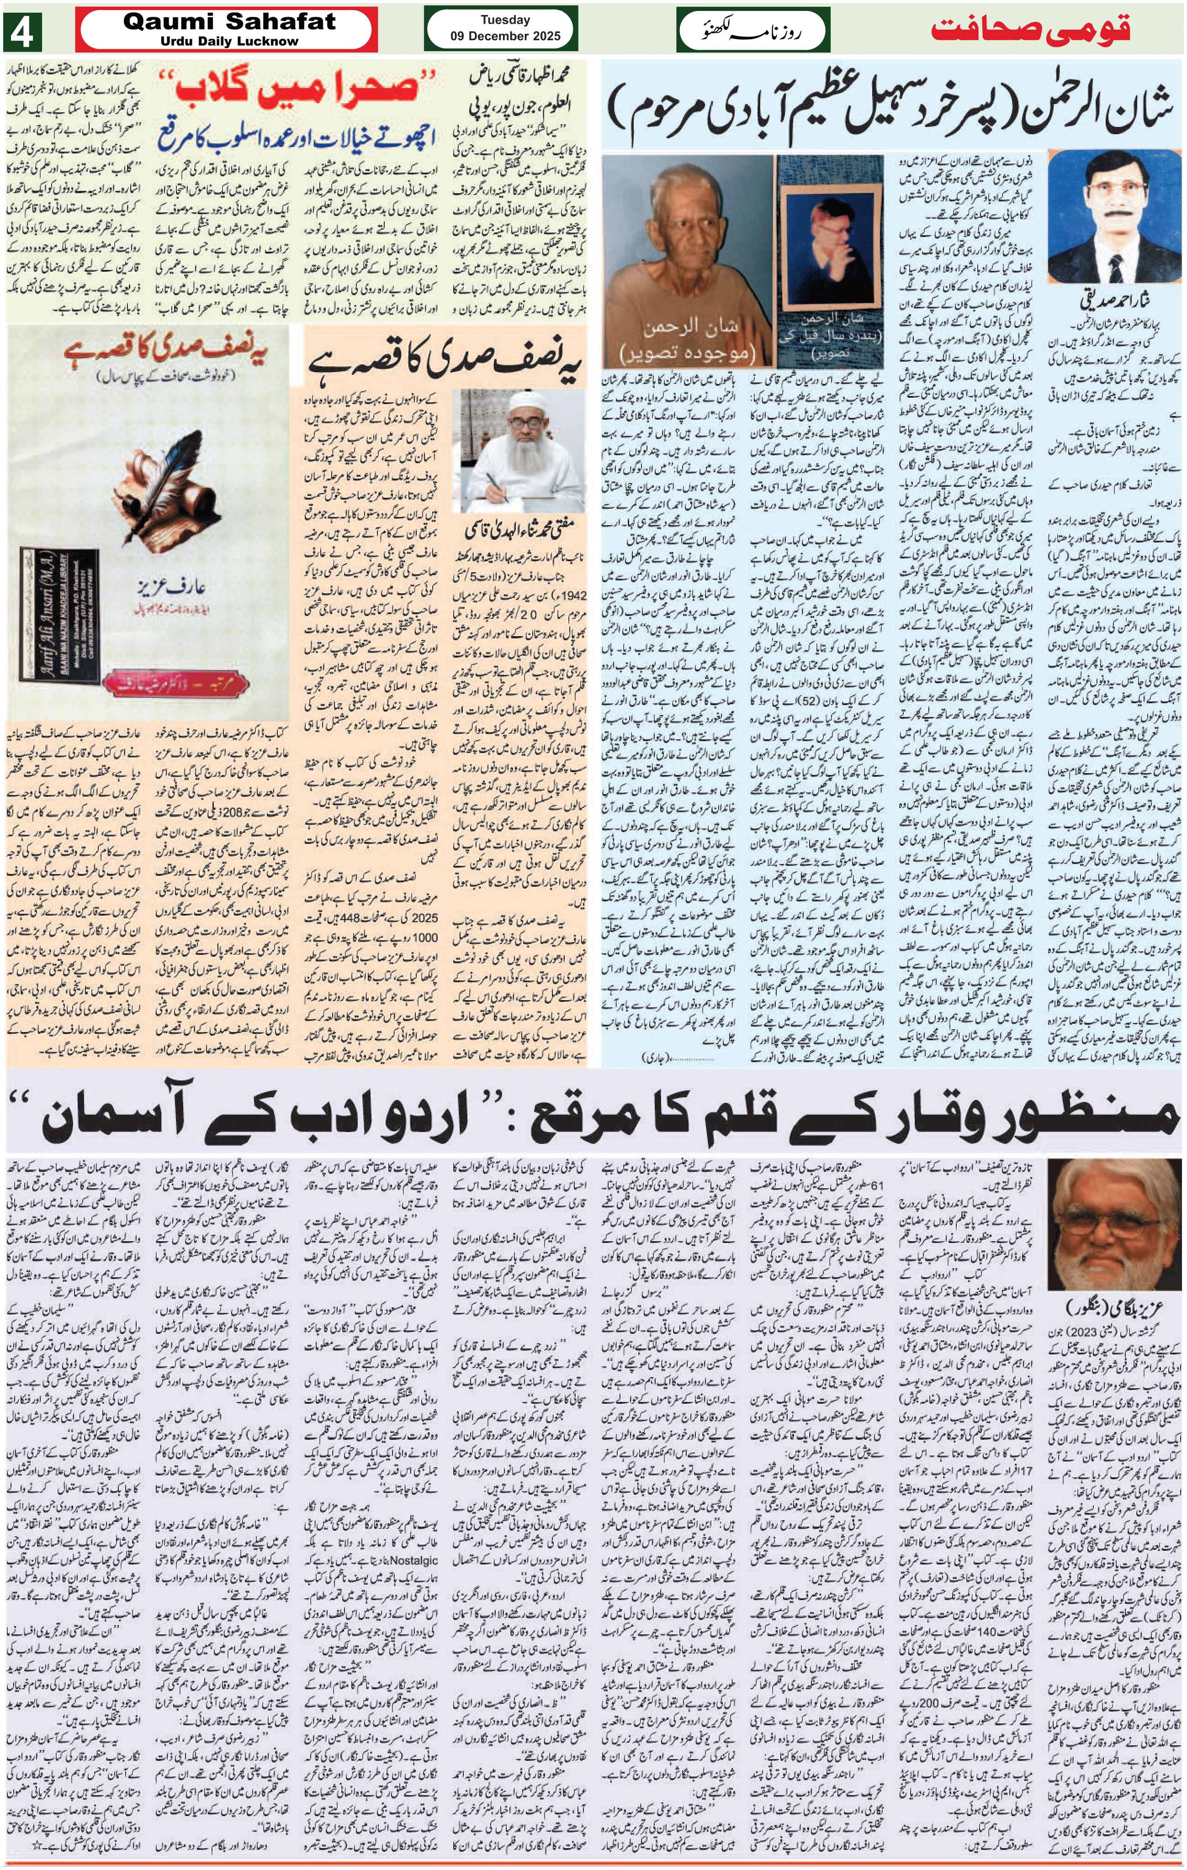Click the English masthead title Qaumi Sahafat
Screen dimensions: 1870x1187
tap(229, 22)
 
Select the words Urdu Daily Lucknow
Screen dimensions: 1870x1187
tap(229, 41)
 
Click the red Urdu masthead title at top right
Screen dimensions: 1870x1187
tap(1030, 30)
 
